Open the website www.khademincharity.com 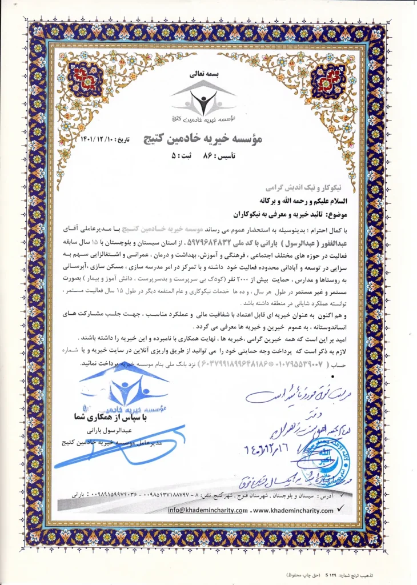click(x=292, y=509)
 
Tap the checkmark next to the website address click(x=342, y=507)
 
